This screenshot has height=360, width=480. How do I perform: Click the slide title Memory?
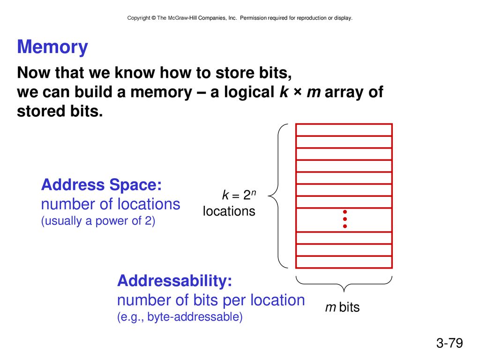pyautogui.click(x=52, y=47)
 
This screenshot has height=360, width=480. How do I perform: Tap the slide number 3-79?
pyautogui.click(x=450, y=343)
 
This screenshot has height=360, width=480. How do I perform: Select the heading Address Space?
pyautogui.click(x=101, y=185)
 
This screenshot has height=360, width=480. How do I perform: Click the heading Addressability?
pyautogui.click(x=174, y=280)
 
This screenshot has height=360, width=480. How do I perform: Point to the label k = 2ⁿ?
pyautogui.click(x=239, y=195)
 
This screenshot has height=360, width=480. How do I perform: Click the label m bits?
pyautogui.click(x=342, y=307)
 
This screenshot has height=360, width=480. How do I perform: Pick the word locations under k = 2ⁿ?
pyautogui.click(x=229, y=211)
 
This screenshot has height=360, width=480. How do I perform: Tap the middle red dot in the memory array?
pyautogui.click(x=345, y=219)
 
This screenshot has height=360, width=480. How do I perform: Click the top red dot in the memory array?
pyautogui.click(x=345, y=212)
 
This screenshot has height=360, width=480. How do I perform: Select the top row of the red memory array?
pyautogui.click(x=344, y=130)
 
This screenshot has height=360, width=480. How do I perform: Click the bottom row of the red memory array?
pyautogui.click(x=344, y=262)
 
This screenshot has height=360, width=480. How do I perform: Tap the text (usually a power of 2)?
pyautogui.click(x=98, y=221)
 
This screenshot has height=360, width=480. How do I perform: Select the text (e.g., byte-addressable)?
pyautogui.click(x=180, y=316)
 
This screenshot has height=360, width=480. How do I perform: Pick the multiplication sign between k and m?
pyautogui.click(x=297, y=92)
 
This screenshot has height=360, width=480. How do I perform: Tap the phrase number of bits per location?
pyautogui.click(x=211, y=300)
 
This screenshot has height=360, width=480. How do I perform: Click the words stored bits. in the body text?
pyautogui.click(x=60, y=111)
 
